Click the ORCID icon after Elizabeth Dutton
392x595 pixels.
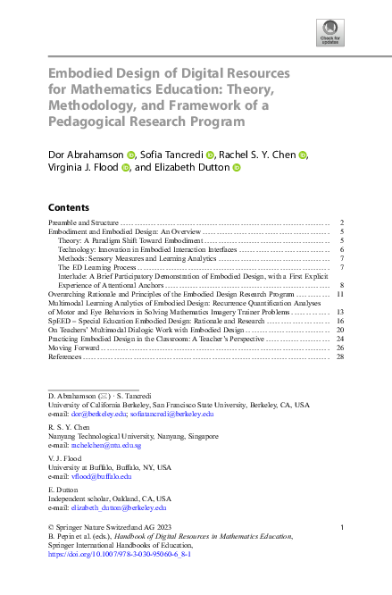237,167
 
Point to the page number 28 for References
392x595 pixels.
340,356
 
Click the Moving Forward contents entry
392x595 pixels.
72,348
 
